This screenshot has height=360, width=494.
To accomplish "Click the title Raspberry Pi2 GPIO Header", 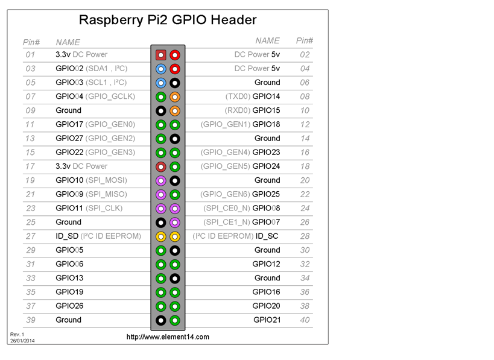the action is pyautogui.click(x=168, y=20).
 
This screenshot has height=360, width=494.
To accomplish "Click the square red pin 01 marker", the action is pyautogui.click(x=161, y=55).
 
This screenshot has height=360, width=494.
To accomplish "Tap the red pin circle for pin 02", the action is pyautogui.click(x=175, y=55).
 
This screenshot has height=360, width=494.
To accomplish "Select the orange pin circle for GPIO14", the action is pyautogui.click(x=175, y=96).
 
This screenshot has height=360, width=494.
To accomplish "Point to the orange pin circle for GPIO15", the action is pyautogui.click(x=175, y=110).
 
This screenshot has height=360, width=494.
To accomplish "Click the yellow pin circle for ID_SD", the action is pyautogui.click(x=161, y=236).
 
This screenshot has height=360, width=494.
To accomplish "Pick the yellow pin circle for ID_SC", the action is pyautogui.click(x=175, y=236).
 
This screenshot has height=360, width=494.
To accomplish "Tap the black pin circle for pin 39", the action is pyautogui.click(x=161, y=320).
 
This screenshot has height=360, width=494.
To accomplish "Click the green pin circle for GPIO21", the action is pyautogui.click(x=175, y=320).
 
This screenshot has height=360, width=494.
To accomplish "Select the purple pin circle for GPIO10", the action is pyautogui.click(x=161, y=180).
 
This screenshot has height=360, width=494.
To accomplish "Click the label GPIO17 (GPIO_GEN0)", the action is pyautogui.click(x=95, y=124).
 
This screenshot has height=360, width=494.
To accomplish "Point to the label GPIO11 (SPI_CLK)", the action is pyautogui.click(x=89, y=208).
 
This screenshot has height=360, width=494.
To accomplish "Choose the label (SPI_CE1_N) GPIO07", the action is pyautogui.click(x=242, y=222).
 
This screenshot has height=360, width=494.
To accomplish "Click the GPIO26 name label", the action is pyautogui.click(x=69, y=306).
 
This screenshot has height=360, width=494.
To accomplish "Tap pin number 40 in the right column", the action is pyautogui.click(x=305, y=320).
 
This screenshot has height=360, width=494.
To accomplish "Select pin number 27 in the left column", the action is pyautogui.click(x=30, y=236).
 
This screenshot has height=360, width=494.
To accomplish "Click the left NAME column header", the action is pyautogui.click(x=68, y=42).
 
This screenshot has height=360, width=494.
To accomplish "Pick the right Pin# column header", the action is pyautogui.click(x=305, y=40).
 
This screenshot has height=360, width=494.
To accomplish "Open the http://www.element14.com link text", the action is pyautogui.click(x=168, y=336).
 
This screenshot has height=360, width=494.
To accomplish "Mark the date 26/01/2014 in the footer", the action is pyautogui.click(x=23, y=341).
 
